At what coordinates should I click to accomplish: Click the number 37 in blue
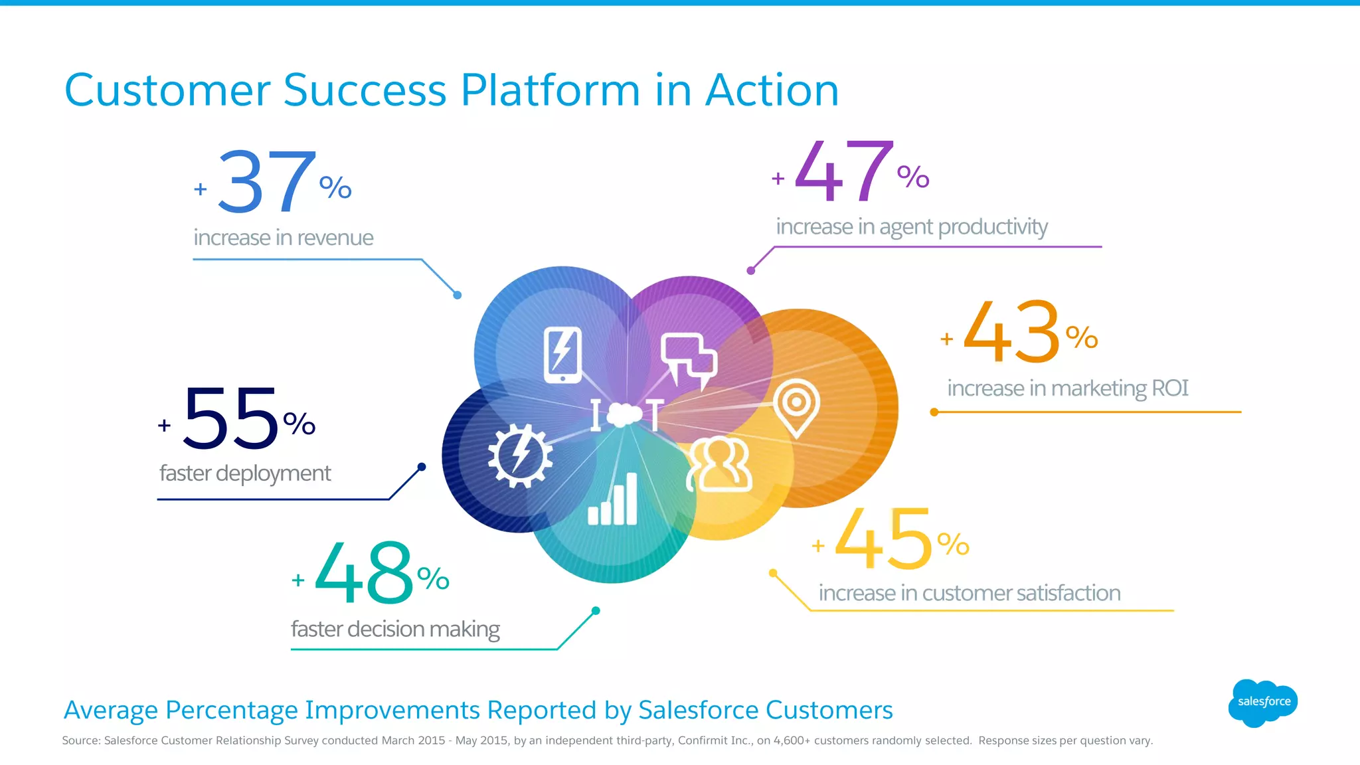point(266,181)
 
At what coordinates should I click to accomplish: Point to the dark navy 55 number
point(230,419)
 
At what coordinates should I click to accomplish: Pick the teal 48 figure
point(364,572)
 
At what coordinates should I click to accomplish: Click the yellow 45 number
point(883,539)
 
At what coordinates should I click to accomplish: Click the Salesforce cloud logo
point(1263,702)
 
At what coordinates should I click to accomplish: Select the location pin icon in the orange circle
point(796,406)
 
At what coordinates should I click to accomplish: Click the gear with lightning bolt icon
point(520,456)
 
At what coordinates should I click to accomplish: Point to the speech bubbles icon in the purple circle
point(689,359)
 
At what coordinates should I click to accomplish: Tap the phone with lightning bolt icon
point(562,354)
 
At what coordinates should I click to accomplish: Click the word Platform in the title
point(550,90)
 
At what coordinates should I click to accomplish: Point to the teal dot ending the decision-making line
point(596,611)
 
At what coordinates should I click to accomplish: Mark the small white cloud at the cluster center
point(624,414)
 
